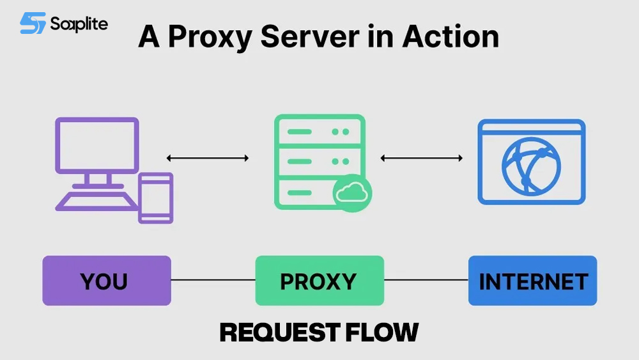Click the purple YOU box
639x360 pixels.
coord(106,281)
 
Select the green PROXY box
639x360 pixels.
coord(319,281)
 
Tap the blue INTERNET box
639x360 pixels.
coord(532,281)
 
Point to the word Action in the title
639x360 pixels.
coord(450,37)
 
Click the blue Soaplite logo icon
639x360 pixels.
coord(32,24)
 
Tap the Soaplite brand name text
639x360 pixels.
coord(79,24)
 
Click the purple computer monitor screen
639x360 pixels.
coord(96,145)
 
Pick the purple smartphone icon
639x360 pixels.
coord(155,198)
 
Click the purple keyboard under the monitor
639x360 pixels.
coord(96,201)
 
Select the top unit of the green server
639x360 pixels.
coord(319,132)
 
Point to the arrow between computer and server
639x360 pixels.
coord(208,158)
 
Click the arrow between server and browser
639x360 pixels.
coord(421,158)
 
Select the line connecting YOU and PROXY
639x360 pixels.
coord(213,280)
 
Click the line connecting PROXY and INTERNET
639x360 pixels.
coord(426,280)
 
